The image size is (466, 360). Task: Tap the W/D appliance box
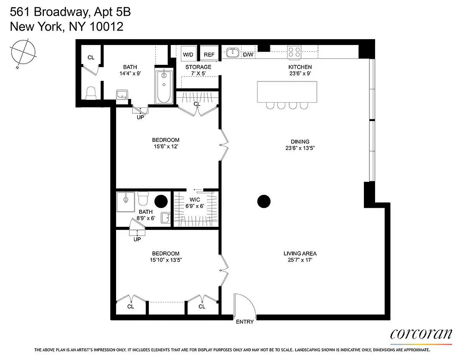pos(188,54)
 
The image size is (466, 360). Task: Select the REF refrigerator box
pos(209,54)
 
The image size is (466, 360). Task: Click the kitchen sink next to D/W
pos(233,53)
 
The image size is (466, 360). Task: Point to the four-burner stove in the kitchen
pos(295,52)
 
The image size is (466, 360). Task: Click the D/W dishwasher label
pos(248,55)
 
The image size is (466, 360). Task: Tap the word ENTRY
pos(245,322)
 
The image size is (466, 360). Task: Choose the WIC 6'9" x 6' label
pos(195,203)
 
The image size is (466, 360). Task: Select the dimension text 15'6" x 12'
pos(166,146)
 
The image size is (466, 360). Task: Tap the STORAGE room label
pos(198,67)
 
